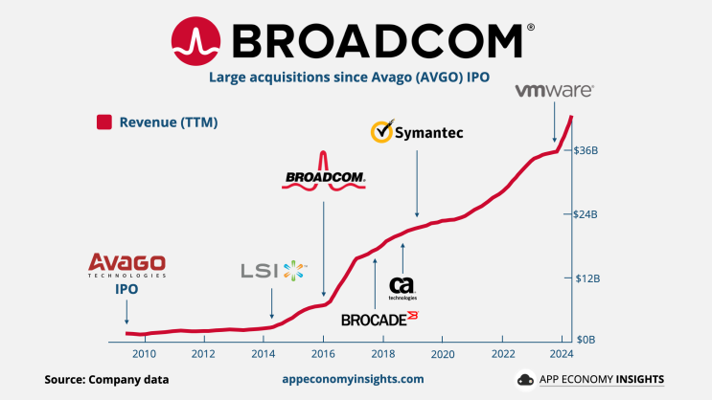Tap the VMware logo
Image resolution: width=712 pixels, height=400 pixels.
pyautogui.click(x=554, y=90)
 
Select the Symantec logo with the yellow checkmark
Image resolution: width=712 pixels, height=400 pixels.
pyautogui.click(x=417, y=132)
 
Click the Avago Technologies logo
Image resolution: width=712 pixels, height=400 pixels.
pyautogui.click(x=126, y=264)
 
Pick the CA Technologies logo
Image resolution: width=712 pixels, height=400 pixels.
pyautogui.click(x=402, y=288)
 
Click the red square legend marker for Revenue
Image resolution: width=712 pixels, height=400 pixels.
pyautogui.click(x=103, y=122)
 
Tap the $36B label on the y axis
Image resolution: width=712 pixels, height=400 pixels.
pyautogui.click(x=586, y=151)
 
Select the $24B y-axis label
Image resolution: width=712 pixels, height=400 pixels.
pyautogui.click(x=586, y=214)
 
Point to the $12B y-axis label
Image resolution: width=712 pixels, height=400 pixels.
pyautogui.click(x=586, y=278)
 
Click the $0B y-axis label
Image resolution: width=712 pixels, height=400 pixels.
pyautogui.click(x=585, y=341)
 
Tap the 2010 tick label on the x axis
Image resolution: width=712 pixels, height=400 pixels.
pyautogui.click(x=144, y=354)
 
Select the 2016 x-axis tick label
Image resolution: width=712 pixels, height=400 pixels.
pyautogui.click(x=323, y=354)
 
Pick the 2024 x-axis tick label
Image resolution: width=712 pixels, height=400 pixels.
pyautogui.click(x=562, y=354)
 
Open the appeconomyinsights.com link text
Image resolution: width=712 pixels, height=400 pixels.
pyautogui.click(x=353, y=380)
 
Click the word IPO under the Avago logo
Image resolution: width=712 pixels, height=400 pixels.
pyautogui.click(x=126, y=287)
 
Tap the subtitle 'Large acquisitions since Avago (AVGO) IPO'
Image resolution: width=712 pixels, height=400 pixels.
pyautogui.click(x=356, y=78)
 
